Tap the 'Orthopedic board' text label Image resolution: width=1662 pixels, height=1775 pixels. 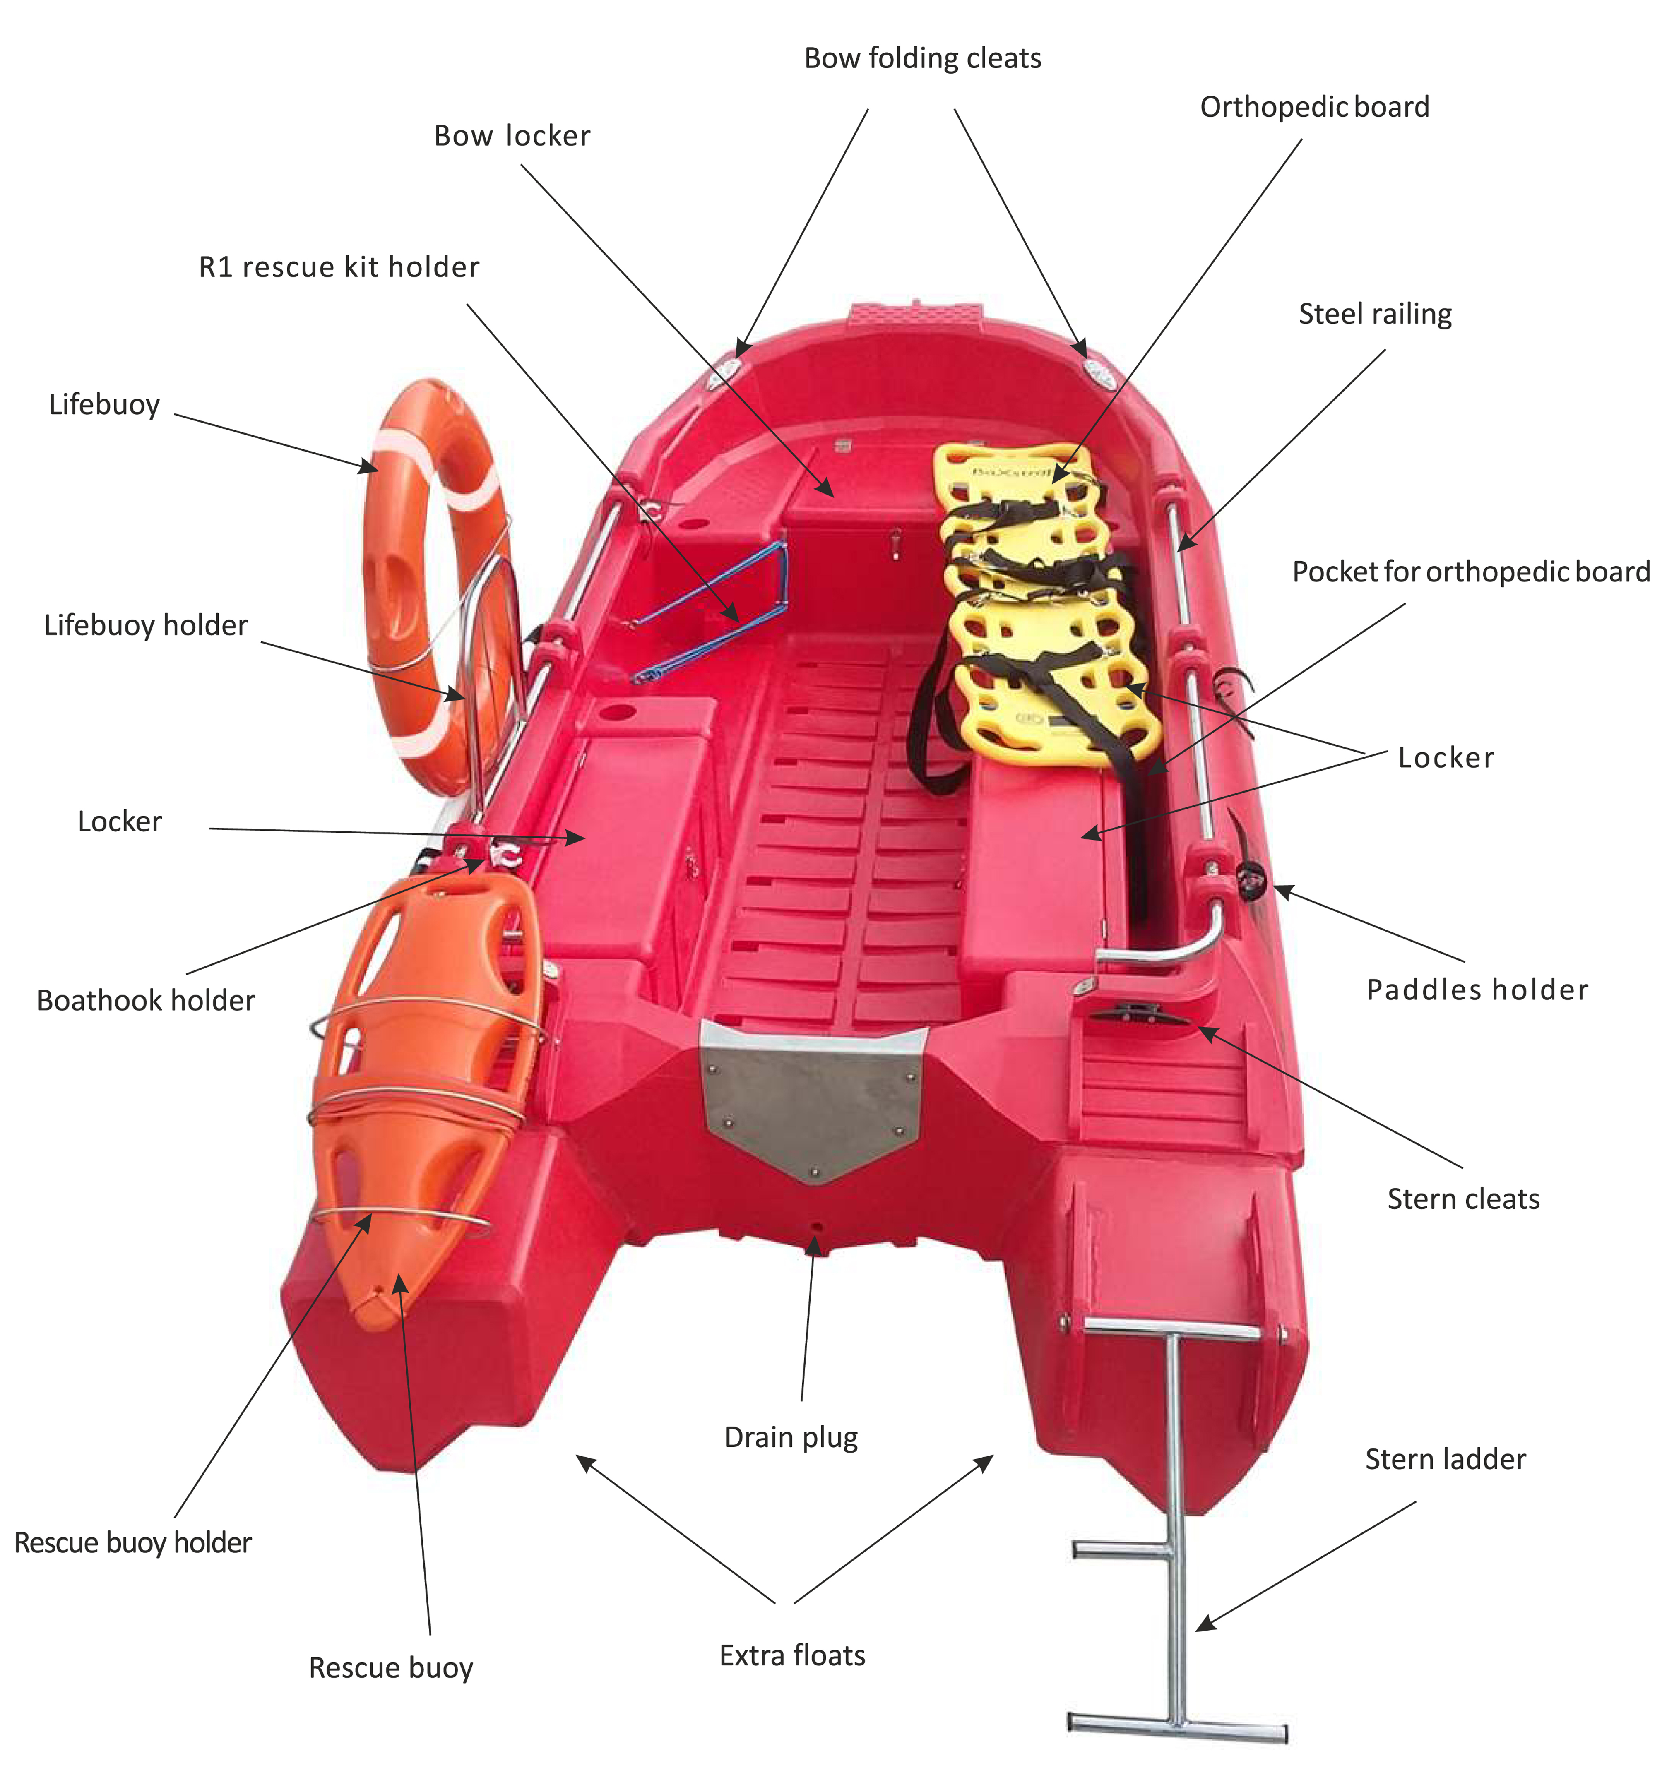(1314, 107)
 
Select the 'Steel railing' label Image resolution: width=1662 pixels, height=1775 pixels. (1374, 314)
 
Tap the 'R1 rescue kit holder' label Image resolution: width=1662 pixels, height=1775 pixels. (339, 267)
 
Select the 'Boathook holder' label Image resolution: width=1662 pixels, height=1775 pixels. (146, 1000)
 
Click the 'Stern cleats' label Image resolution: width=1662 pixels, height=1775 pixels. (1463, 1198)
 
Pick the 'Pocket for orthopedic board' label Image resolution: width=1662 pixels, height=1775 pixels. (1470, 572)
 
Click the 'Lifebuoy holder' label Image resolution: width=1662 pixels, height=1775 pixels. (146, 625)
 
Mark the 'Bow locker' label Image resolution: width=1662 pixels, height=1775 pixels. (512, 136)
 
